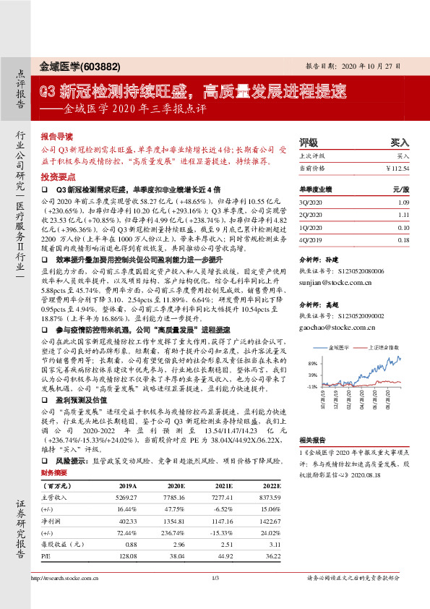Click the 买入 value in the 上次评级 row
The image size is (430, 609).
coord(403,156)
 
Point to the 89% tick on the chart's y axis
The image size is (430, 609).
coord(312,363)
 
